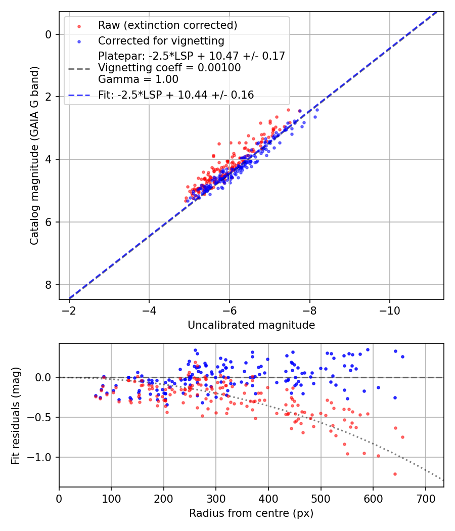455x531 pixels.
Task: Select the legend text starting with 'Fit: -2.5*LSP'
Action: point(176,95)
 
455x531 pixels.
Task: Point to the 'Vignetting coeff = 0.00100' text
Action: point(169,67)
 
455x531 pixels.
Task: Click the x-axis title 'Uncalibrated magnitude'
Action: point(251,325)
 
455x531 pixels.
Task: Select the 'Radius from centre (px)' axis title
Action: point(251,513)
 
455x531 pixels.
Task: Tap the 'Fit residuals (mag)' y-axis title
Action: point(16,415)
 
